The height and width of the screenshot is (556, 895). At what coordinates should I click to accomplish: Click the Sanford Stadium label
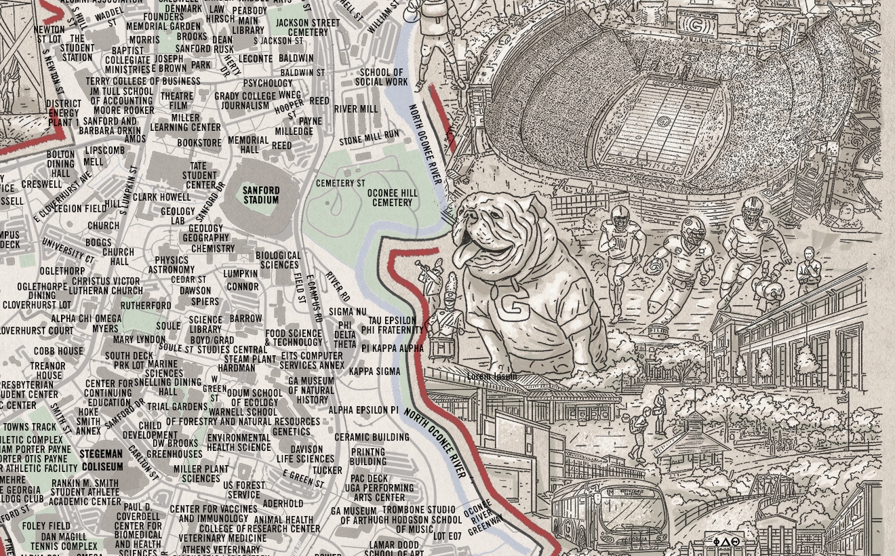point(261,195)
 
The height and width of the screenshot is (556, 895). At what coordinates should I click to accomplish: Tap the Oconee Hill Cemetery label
point(392,197)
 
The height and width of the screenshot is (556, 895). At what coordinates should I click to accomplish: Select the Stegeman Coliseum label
point(102,460)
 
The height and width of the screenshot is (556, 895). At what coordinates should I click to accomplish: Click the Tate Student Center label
point(200,176)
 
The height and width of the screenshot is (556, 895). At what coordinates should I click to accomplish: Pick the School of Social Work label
point(381,77)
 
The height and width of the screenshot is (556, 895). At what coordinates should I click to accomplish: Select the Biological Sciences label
point(278,260)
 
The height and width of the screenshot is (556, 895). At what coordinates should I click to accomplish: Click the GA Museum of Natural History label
point(311,391)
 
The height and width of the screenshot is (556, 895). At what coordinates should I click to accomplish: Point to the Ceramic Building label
point(372,437)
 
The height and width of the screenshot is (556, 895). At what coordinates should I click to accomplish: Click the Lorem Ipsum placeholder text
point(492,376)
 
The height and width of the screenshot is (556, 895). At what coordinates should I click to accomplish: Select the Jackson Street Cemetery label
point(307,27)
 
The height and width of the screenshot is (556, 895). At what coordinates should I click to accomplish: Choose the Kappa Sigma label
point(374,372)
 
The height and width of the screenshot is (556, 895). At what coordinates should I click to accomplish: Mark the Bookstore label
point(199,143)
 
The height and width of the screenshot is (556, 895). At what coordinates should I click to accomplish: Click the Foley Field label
point(46,525)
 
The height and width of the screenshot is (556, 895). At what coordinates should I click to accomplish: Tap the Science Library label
point(205,324)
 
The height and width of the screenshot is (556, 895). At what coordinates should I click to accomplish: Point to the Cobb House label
point(58,351)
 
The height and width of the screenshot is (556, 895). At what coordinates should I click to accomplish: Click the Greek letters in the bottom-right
point(726,542)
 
